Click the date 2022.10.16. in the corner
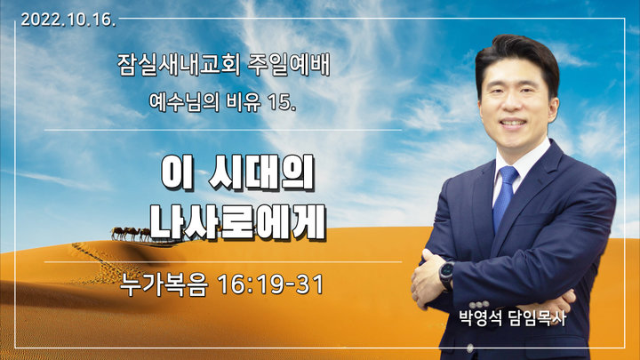click(68, 20)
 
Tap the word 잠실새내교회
click(179, 65)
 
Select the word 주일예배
click(289, 65)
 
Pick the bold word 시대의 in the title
click(261, 172)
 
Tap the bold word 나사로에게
click(238, 221)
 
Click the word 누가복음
click(164, 284)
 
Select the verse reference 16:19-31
click(271, 284)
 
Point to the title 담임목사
click(537, 318)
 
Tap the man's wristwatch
click(446, 276)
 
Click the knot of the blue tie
click(508, 175)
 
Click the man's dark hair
click(517, 57)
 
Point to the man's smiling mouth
click(513, 123)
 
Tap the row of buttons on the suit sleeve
click(479, 305)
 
